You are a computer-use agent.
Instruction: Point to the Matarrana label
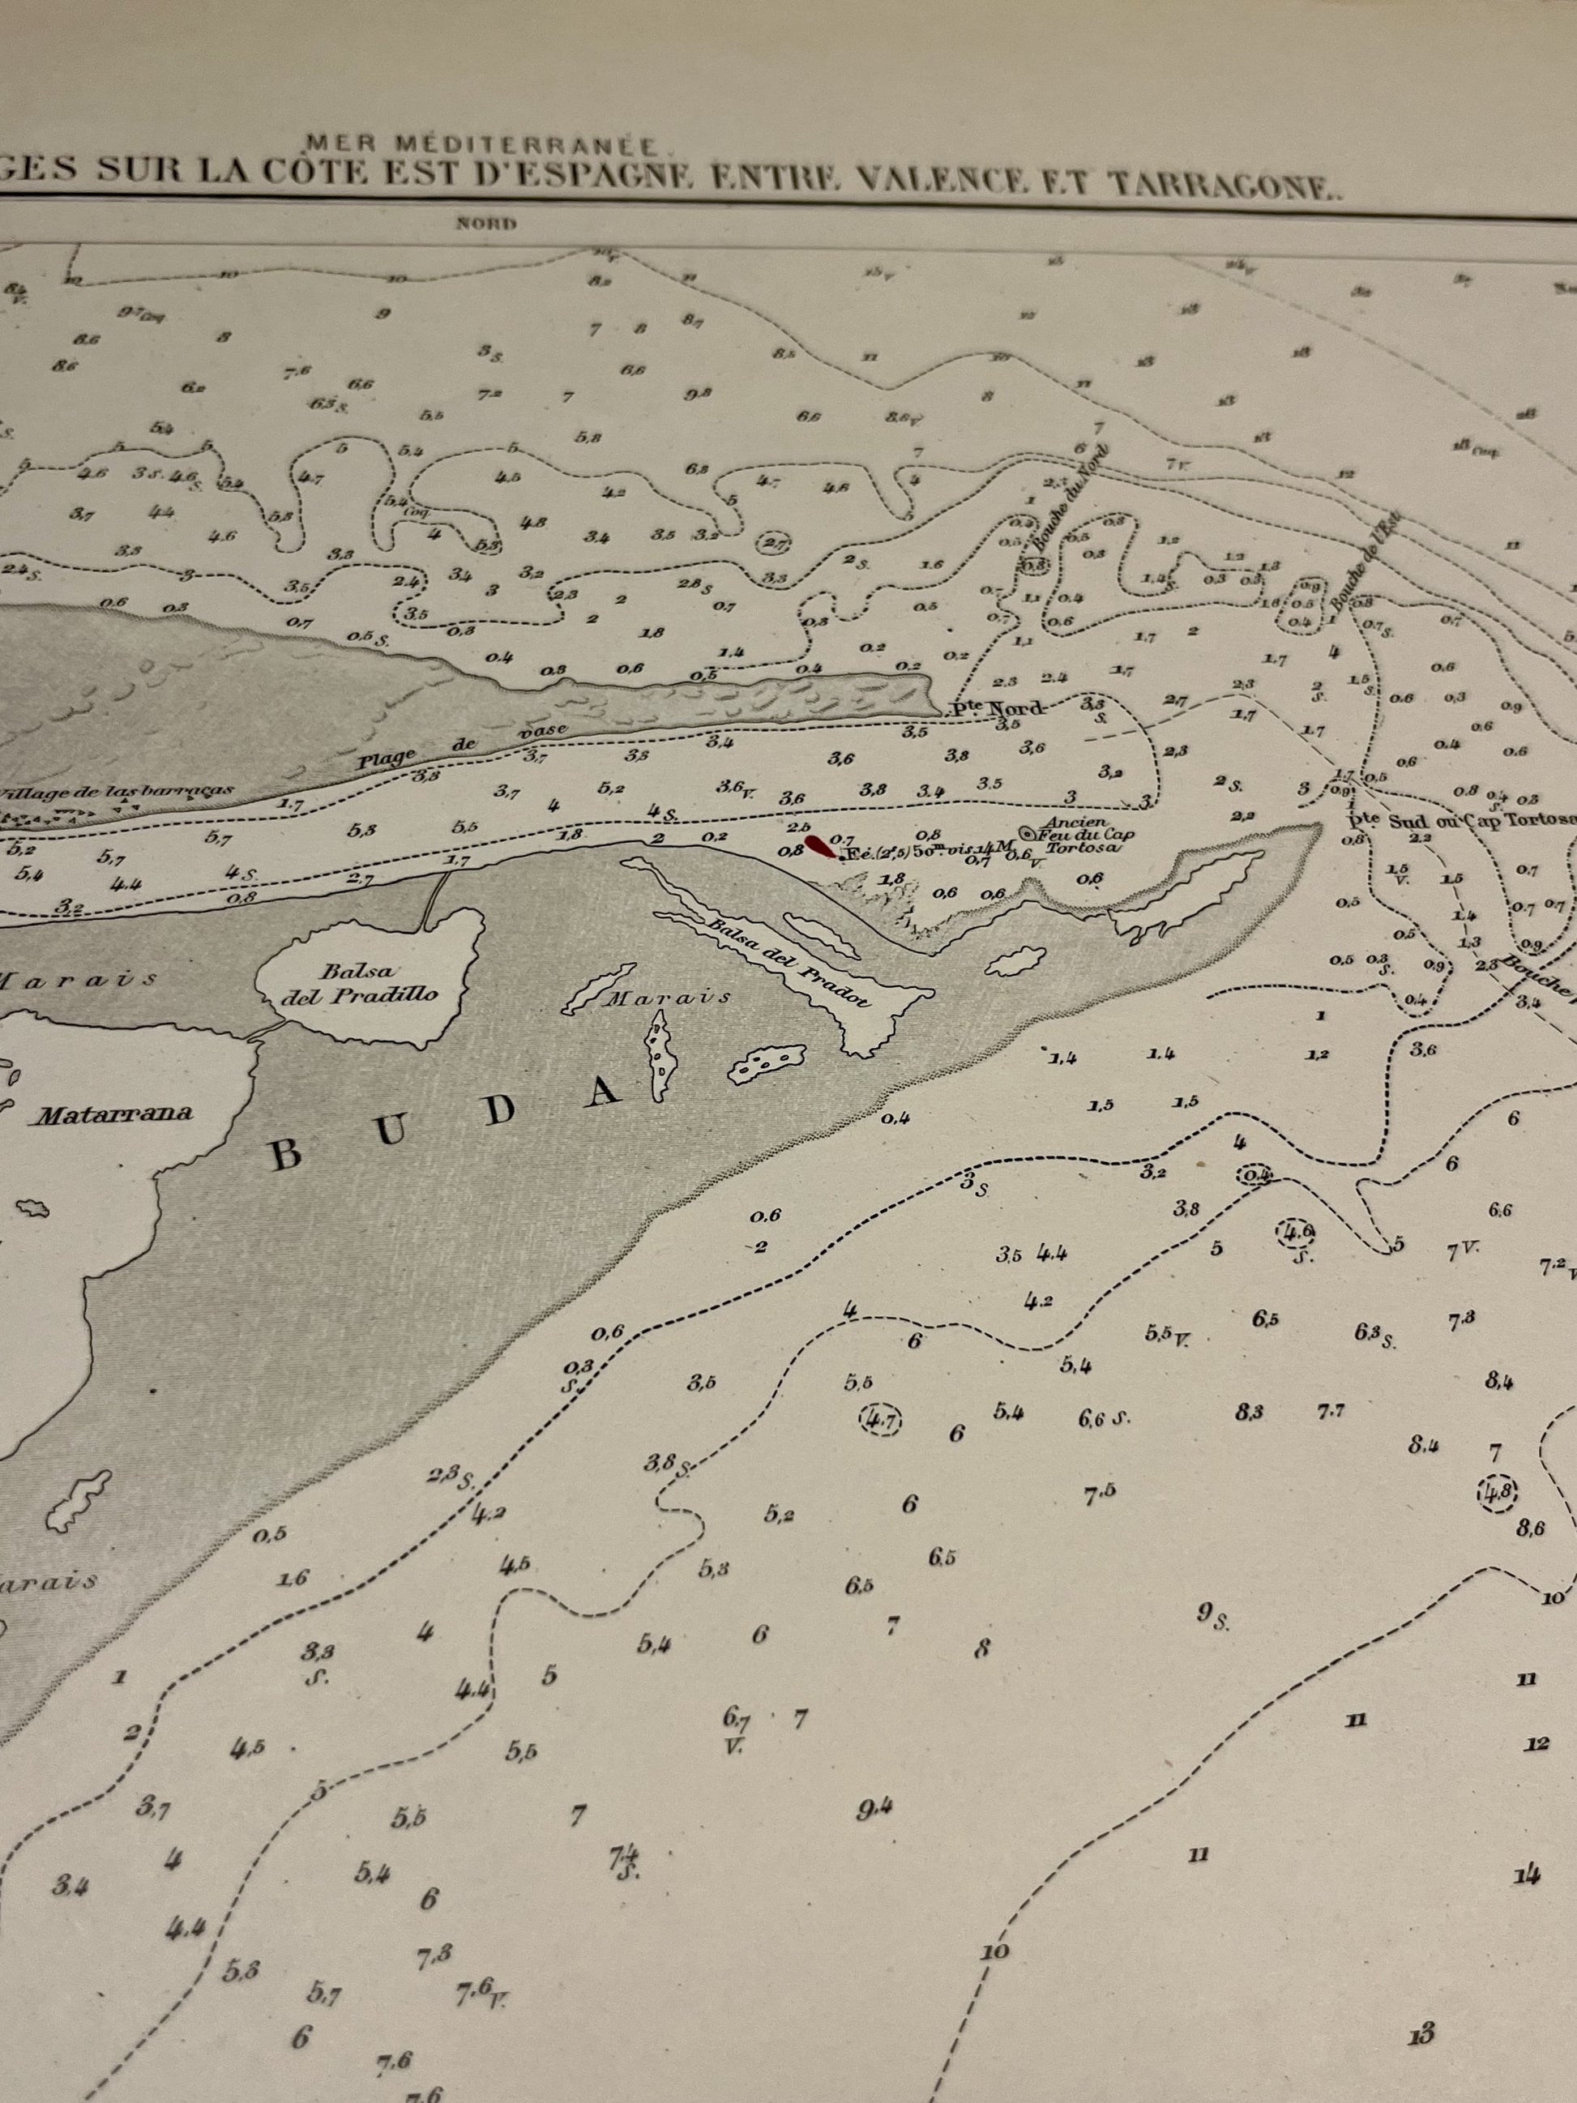click(115, 1113)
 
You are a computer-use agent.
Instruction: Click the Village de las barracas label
click(119, 791)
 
